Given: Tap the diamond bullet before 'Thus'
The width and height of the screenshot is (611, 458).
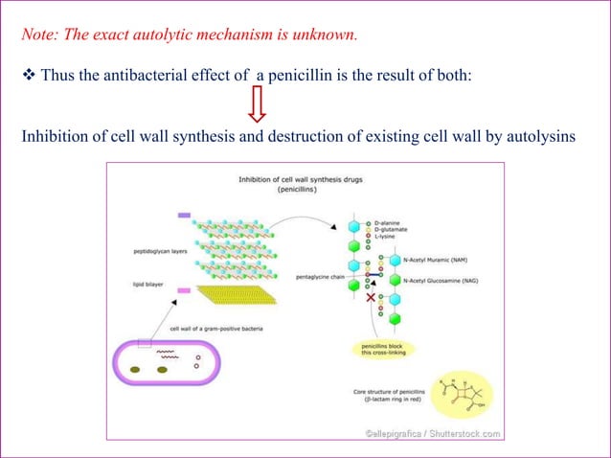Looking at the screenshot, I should pyautogui.click(x=27, y=77).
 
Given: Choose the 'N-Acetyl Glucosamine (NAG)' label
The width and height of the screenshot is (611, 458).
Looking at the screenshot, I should pyautogui.click(x=446, y=281).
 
